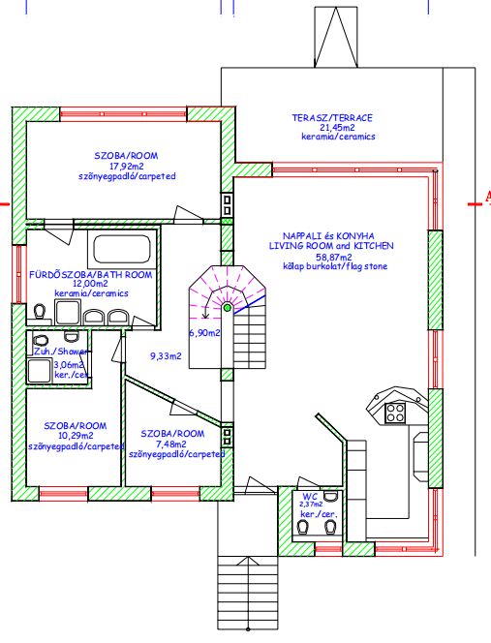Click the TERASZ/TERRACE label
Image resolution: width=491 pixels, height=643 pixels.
pyautogui.click(x=332, y=118)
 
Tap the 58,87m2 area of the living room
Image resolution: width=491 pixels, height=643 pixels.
pyautogui.click(x=333, y=258)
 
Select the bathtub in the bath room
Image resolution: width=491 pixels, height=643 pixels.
pyautogui.click(x=121, y=249)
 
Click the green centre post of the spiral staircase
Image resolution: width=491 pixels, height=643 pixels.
pyautogui.click(x=227, y=308)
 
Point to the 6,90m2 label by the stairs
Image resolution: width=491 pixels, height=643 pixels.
pyautogui.click(x=204, y=332)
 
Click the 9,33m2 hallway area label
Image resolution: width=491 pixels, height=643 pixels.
pyautogui.click(x=166, y=356)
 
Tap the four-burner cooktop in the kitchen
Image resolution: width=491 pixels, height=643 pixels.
pyautogui.click(x=395, y=413)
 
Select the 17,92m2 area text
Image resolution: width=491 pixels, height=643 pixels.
pyautogui.click(x=126, y=167)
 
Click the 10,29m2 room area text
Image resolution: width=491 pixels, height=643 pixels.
pyautogui.click(x=76, y=436)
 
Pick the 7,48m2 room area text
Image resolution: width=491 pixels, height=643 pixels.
pyautogui.click(x=171, y=444)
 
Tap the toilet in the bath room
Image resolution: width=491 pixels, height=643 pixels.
pyautogui.click(x=40, y=312)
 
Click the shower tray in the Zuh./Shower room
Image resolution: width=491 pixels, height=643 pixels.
pyautogui.click(x=40, y=370)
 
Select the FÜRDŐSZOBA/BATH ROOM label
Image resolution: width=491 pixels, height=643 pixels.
pyautogui.click(x=91, y=275)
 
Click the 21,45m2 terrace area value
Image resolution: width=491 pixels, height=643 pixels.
pyautogui.click(x=338, y=128)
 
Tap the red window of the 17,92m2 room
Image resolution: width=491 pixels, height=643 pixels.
pyautogui.click(x=123, y=114)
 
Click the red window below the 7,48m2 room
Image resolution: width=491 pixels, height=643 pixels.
pyautogui.click(x=175, y=493)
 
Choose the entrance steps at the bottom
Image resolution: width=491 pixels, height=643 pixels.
pyautogui.click(x=247, y=592)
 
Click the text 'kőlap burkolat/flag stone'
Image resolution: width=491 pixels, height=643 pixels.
pyautogui.click(x=335, y=266)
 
